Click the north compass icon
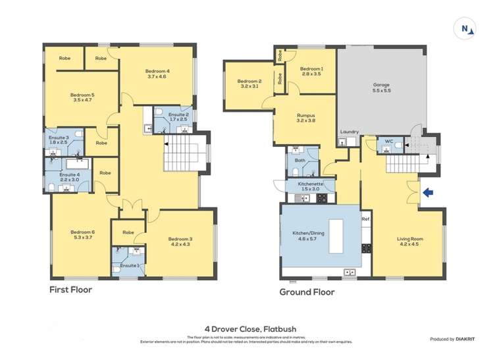pos(466,28)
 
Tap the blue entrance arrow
pos(428,193)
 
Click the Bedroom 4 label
pos(158,74)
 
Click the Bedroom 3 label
pos(179,242)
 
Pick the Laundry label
pos(349,132)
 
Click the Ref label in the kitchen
pos(365,217)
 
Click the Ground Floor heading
pos(307,292)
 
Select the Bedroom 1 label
pos(311,72)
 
